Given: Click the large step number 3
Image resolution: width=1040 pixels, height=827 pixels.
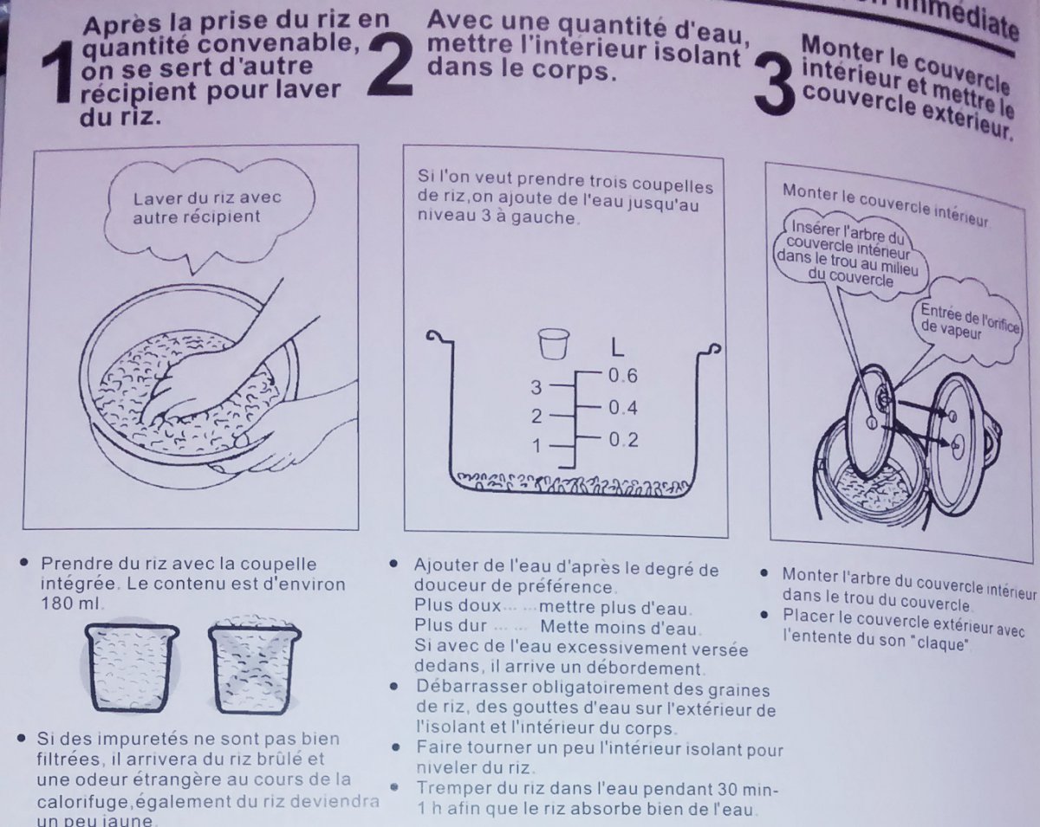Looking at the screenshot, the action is click(774, 85).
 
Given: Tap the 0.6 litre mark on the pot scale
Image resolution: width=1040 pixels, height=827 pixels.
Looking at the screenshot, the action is click(623, 375).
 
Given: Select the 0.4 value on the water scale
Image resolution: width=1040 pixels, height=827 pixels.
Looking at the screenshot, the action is click(623, 408).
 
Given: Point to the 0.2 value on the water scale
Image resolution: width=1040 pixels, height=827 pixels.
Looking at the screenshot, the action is click(623, 440).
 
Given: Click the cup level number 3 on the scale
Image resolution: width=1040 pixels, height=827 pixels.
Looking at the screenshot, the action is click(536, 387).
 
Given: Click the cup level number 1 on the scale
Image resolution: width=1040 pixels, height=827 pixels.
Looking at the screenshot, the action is click(536, 446).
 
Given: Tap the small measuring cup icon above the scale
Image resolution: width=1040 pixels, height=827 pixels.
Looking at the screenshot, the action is click(554, 344).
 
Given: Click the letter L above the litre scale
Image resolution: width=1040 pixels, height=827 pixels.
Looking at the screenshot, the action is click(617, 347).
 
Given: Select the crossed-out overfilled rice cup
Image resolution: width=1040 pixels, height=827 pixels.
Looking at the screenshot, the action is click(255, 665).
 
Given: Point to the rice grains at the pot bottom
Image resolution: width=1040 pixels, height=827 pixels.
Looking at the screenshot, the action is click(570, 485).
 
